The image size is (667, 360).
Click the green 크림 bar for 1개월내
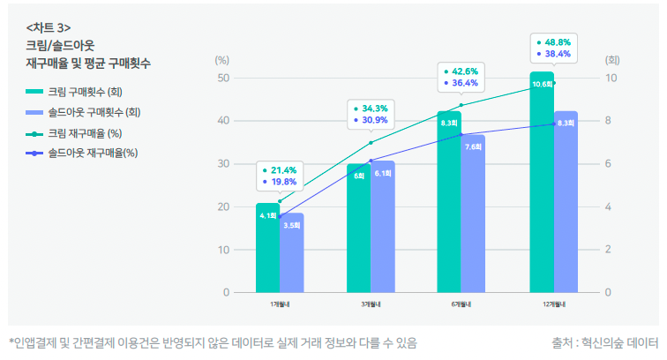[x=267, y=251]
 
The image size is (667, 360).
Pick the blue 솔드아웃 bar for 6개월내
[x=473, y=216]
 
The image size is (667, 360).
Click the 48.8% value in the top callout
[x=558, y=41]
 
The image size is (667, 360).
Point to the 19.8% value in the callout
[x=285, y=182]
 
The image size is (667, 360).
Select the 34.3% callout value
[x=375, y=108]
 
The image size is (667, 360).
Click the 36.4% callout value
[x=465, y=83]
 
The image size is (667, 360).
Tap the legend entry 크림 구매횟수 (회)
[x=85, y=91]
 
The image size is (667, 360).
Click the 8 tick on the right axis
[x=611, y=121]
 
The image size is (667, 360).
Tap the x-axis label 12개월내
[x=554, y=304]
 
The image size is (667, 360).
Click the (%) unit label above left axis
[x=222, y=60]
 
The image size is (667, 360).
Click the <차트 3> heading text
[x=49, y=26]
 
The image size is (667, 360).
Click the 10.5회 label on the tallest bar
[x=542, y=84]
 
